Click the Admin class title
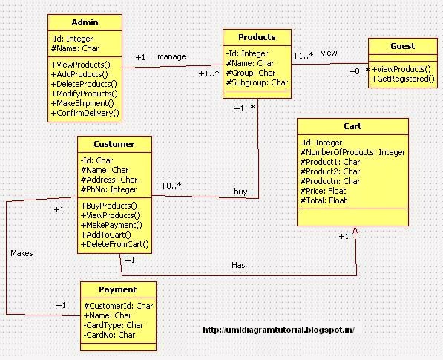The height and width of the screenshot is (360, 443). (85, 22)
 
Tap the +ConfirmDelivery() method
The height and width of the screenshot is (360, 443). (85, 113)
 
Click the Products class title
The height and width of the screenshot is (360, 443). (257, 37)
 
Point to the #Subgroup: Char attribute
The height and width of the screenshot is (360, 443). (257, 82)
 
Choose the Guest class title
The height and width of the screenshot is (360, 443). (402, 46)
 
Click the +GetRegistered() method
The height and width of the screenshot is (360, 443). (403, 78)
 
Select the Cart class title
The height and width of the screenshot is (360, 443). (352, 126)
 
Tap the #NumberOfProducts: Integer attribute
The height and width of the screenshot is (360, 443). (352, 152)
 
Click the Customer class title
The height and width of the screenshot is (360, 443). (114, 144)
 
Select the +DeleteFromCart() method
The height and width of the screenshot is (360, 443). (115, 243)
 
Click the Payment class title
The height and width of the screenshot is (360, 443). (118, 289)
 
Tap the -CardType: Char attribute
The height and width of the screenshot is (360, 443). (114, 324)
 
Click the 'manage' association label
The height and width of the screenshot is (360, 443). (171, 56)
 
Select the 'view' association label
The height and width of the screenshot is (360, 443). (329, 53)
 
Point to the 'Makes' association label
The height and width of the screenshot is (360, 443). (22, 253)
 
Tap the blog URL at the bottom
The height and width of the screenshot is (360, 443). (278, 330)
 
